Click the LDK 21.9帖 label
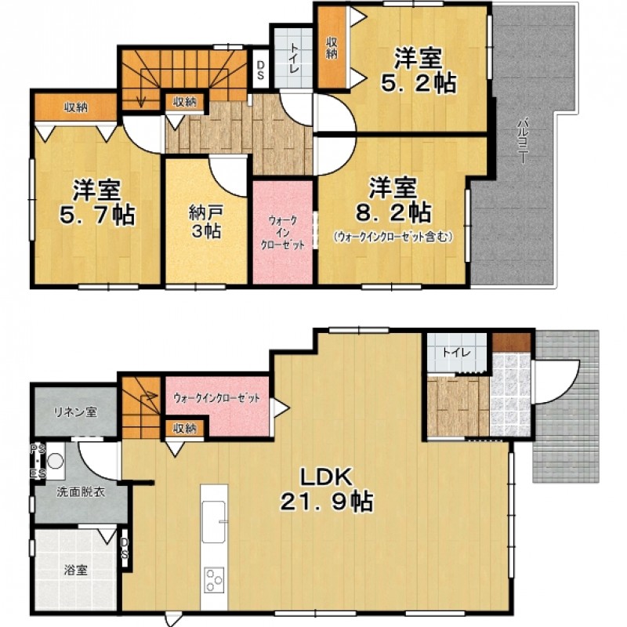click(x=327, y=489)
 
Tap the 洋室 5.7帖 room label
click(x=96, y=202)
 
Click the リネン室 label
click(x=76, y=412)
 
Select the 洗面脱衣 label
click(x=81, y=492)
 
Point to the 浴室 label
click(x=76, y=571)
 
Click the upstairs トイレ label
click(x=295, y=59)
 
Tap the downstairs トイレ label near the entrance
click(x=456, y=353)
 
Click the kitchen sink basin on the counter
click(x=213, y=522)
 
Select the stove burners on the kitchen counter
click(x=214, y=580)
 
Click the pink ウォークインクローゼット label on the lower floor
click(x=217, y=398)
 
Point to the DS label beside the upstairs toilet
click(x=260, y=70)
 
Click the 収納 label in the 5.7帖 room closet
click(x=76, y=107)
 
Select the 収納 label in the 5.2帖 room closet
click(x=332, y=48)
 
